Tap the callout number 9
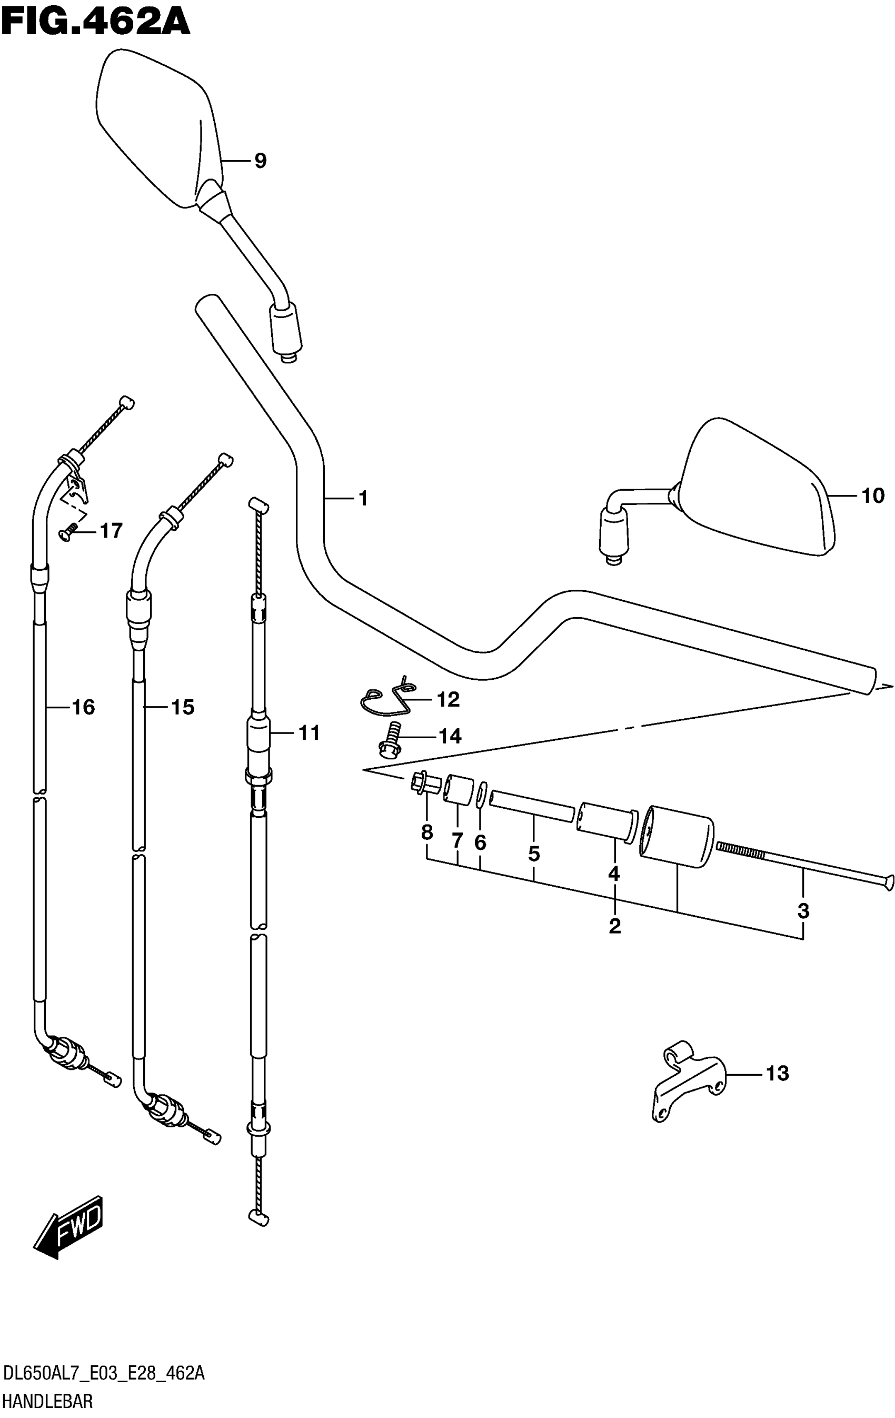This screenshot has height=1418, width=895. [260, 160]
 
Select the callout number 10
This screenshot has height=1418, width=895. [873, 496]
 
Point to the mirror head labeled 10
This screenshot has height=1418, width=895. [760, 489]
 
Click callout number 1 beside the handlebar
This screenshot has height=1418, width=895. [363, 499]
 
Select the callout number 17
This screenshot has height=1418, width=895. [111, 531]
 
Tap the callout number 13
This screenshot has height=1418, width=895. [777, 1074]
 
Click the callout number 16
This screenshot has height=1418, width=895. [83, 707]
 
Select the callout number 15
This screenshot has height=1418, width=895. [183, 707]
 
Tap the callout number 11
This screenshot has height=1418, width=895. [309, 732]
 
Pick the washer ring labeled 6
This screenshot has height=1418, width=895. [481, 796]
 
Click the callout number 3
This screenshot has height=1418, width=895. [803, 911]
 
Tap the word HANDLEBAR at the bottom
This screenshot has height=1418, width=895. [48, 1402]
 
